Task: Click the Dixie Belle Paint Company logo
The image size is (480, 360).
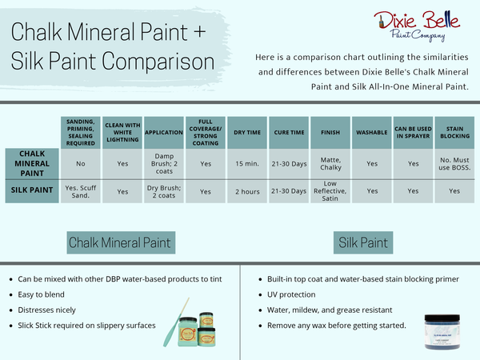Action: click(x=417, y=26)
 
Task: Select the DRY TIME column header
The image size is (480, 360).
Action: click(x=247, y=133)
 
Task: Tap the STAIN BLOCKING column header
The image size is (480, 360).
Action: click(x=454, y=133)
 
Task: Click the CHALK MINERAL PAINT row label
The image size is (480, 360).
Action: click(x=32, y=163)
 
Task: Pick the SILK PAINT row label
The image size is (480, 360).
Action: click(x=32, y=190)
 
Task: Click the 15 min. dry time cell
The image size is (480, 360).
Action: click(x=247, y=164)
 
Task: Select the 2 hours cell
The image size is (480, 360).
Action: click(x=247, y=192)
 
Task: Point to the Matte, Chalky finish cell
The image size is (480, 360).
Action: click(x=330, y=164)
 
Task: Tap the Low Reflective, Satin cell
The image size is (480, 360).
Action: click(x=330, y=191)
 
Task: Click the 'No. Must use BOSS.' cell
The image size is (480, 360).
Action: click(x=454, y=164)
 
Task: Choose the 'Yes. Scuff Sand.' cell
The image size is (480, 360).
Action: click(x=81, y=192)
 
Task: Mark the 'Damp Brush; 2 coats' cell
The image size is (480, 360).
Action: click(x=164, y=164)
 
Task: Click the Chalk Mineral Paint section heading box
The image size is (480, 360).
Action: click(x=121, y=242)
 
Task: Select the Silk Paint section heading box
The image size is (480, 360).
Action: click(x=363, y=242)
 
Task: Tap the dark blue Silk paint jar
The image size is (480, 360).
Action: click(x=442, y=331)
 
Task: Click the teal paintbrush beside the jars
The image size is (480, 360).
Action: click(x=175, y=323)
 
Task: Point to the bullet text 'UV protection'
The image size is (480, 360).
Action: click(x=291, y=294)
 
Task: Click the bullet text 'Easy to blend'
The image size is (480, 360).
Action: click(x=41, y=294)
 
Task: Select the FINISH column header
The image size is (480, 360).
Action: click(x=330, y=133)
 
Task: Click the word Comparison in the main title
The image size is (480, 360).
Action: click(x=158, y=62)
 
